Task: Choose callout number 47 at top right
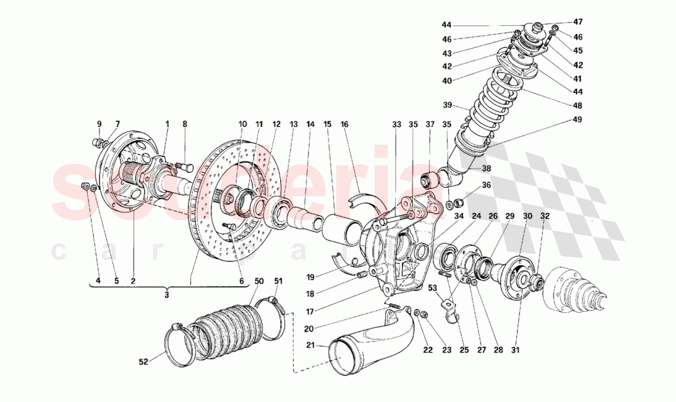(x=578, y=22)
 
